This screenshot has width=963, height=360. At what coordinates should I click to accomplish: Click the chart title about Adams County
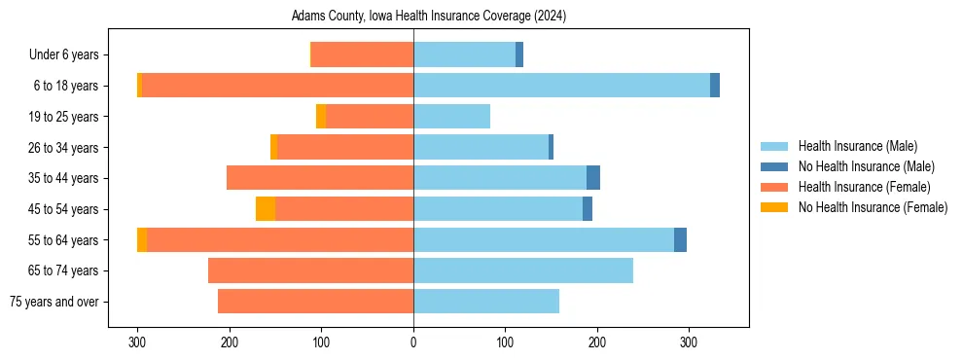(428, 17)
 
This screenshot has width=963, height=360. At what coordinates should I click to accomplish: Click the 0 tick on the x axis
(413, 342)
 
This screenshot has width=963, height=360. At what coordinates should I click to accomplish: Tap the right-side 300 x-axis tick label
(689, 342)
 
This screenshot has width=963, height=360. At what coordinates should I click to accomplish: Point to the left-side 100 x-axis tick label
(322, 342)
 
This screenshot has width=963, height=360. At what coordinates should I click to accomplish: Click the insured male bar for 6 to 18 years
(561, 86)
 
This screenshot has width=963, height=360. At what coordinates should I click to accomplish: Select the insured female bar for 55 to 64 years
(280, 239)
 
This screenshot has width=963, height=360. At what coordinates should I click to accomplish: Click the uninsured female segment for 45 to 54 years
(266, 209)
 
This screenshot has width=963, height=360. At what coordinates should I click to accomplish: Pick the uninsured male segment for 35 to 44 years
(593, 178)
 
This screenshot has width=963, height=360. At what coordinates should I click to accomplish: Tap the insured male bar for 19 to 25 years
(451, 117)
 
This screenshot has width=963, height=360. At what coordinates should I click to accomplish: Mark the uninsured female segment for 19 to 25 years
(321, 117)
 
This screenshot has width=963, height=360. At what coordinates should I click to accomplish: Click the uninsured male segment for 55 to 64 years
(680, 239)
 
